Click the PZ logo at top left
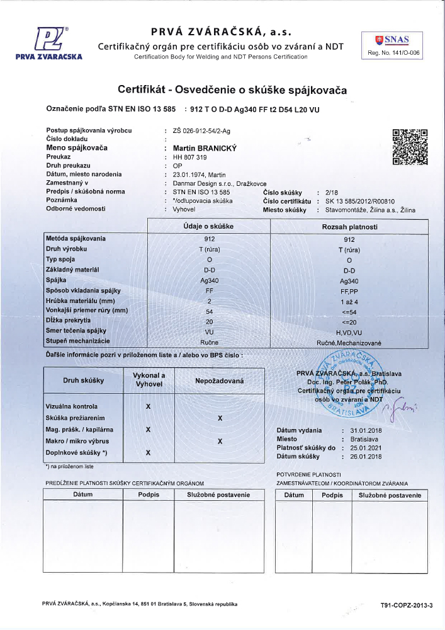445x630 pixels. point(48,40)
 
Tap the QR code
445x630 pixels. point(410,146)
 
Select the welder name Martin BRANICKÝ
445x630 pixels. point(199,147)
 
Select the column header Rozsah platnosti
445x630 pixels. point(349,227)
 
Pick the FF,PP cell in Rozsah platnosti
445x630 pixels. point(349,290)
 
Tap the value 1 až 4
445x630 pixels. point(349,301)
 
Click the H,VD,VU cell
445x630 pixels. point(349,331)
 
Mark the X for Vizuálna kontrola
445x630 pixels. point(148,406)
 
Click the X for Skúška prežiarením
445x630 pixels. point(220,418)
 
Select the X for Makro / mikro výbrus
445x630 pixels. point(220,441)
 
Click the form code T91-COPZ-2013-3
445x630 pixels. point(407,605)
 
